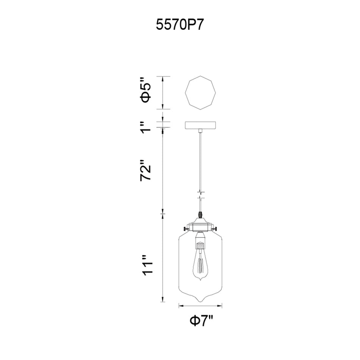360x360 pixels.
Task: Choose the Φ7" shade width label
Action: [201, 322]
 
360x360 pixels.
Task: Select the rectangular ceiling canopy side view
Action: [200, 125]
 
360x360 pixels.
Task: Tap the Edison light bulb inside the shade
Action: [200, 263]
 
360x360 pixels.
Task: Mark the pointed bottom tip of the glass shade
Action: [200, 301]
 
